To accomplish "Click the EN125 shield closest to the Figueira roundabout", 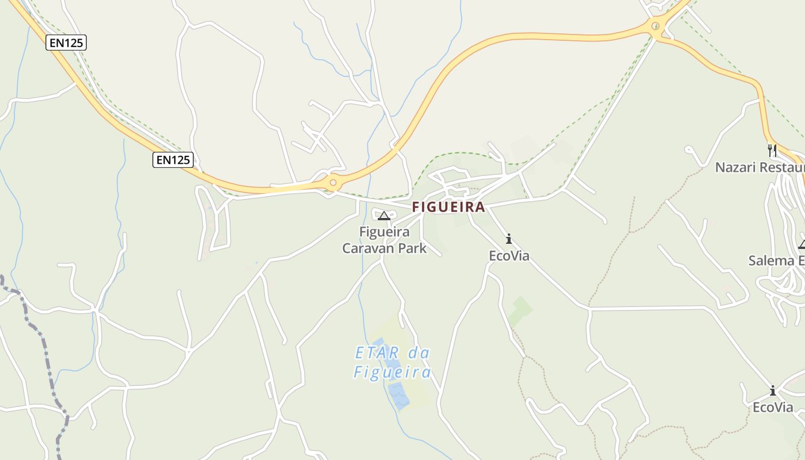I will pos(172,159).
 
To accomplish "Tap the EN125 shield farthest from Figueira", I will pos(66,42).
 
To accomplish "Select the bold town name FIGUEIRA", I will pos(448,207).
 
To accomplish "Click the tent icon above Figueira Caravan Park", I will pos(384,216).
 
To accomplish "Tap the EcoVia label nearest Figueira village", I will pos(509,255).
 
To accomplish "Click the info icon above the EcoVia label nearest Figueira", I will pos(508,239).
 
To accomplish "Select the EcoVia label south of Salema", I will pos(773,407).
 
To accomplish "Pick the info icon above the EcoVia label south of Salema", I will pos(773,391).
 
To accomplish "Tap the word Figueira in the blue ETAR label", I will pos(392,372).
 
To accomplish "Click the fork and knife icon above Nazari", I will pos(772,151).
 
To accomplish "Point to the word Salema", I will pos(771,260).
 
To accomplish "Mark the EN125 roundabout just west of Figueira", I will pos(332,182).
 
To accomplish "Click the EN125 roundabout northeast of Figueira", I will pos(655,26).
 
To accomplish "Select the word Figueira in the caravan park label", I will pos(384,232).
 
